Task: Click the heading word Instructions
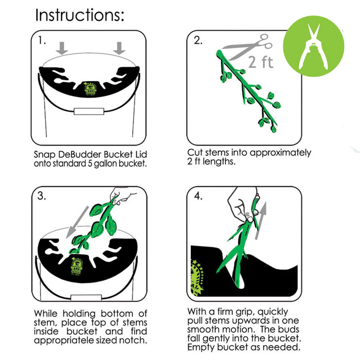pos(79,15)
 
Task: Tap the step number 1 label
pos(42,41)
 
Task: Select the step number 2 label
pos(198,40)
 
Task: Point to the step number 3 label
pos(42,196)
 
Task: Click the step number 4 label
pos(198,196)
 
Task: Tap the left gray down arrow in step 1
pos(62,48)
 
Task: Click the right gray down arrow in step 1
pos(119,48)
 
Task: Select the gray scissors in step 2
pos(247,47)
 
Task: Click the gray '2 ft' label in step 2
pos(261,62)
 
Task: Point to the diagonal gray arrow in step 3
pos(77,222)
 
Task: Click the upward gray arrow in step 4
pos(261,221)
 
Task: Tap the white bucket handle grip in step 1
pos(89,111)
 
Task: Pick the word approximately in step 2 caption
pos(280,153)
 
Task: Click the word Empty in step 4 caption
pos(201,347)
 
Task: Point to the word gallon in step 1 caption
pos(104,164)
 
